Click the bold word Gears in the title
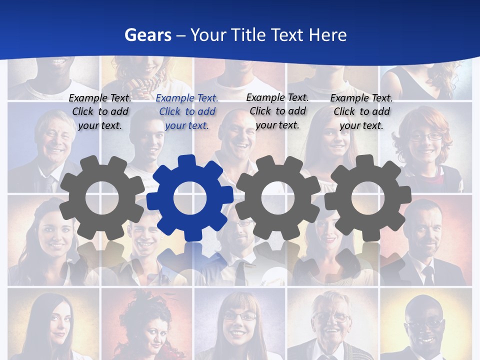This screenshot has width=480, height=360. tap(147, 35)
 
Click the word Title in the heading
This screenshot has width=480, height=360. tap(287, 35)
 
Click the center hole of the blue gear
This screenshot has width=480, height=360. tap(190, 197)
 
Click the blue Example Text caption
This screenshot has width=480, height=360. tap(187, 111)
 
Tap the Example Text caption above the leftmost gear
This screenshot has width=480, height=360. tap(100, 111)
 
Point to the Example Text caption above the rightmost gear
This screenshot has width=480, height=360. tap(361, 111)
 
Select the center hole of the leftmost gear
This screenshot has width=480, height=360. tap(102, 197)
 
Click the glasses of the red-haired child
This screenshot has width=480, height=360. tap(426, 136)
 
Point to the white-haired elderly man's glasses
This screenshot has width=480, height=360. tap(331, 317)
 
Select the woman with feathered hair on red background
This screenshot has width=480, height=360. tap(147, 325)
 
